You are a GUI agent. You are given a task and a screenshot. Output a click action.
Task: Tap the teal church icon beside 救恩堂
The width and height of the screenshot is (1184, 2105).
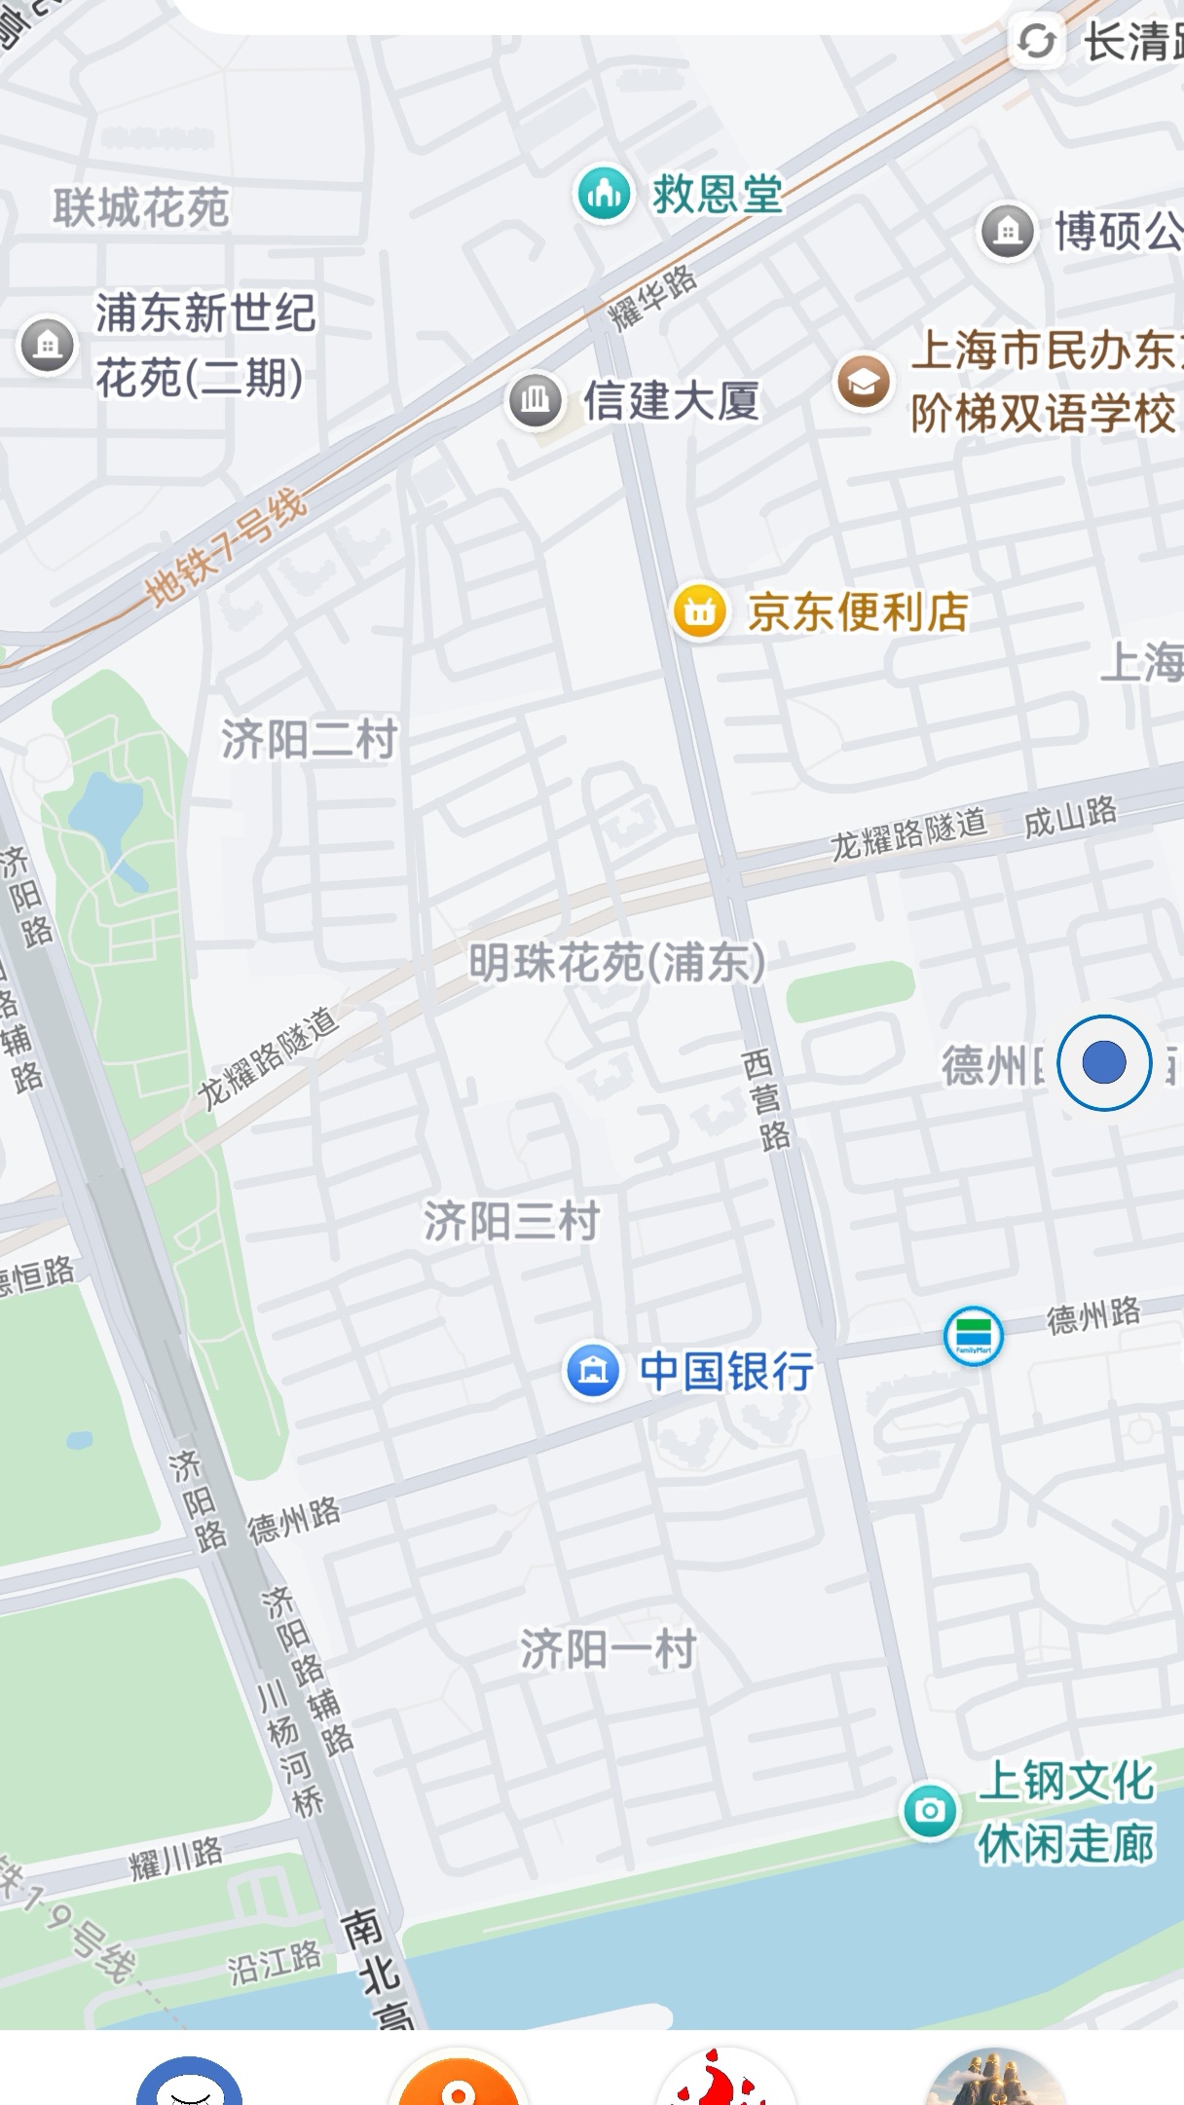pos(604,194)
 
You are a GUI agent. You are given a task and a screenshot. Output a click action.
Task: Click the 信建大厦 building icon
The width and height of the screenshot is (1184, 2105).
pos(535,400)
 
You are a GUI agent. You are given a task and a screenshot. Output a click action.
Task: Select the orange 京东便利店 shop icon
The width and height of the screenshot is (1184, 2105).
pos(699,611)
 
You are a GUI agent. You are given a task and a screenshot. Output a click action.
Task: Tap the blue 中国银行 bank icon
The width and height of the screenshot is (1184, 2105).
pos(593,1370)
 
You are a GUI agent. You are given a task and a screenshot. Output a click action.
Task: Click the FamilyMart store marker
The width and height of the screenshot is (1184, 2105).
pos(973,1336)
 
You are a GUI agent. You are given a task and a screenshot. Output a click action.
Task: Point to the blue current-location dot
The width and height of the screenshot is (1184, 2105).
pos(1103,1062)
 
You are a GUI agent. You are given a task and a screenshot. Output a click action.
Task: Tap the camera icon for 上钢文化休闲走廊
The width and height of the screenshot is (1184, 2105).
pos(930,1811)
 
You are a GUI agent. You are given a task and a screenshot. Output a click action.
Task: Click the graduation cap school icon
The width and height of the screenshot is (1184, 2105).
pos(863,382)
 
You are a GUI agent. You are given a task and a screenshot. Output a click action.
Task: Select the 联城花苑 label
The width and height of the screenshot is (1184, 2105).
pos(140,208)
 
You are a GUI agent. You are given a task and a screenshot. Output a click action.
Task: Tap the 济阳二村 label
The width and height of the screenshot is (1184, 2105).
pos(309,740)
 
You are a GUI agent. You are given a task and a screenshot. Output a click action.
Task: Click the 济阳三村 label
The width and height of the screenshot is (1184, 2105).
pos(511,1221)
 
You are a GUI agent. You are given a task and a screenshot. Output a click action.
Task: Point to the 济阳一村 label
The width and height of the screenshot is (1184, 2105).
pos(608,1649)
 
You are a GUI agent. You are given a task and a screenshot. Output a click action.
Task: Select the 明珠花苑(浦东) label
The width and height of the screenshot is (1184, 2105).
pos(616,964)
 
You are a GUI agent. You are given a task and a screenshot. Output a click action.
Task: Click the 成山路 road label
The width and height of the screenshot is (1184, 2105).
pos(1070,816)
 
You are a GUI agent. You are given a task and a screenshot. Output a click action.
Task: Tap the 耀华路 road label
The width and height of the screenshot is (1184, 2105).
pos(652,296)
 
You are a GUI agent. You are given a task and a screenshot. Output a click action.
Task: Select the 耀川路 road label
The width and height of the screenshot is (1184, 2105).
pos(176,1858)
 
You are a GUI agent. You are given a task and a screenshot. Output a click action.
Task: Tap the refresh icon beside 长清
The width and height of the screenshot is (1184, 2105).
pos(1036,41)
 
